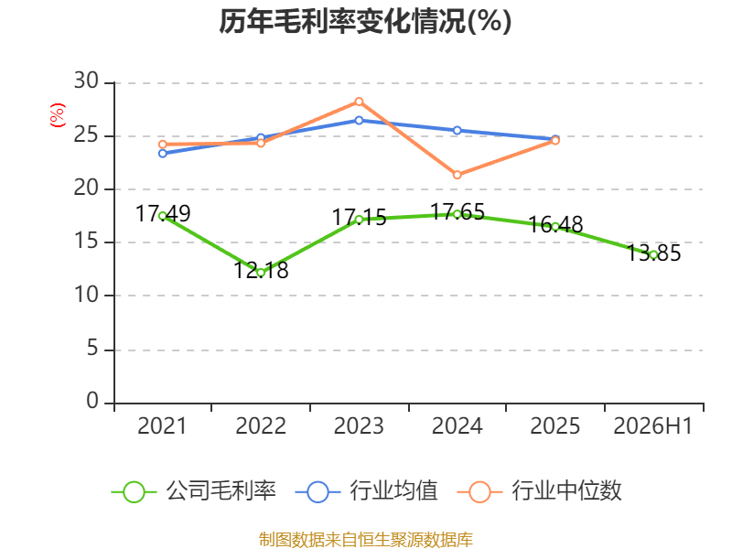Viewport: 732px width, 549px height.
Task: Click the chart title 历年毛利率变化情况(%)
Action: click(x=365, y=21)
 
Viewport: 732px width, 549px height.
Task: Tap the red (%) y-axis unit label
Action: click(x=58, y=115)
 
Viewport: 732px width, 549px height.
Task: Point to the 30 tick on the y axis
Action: click(x=87, y=81)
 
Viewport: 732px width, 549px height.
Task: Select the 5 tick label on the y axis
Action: click(x=93, y=349)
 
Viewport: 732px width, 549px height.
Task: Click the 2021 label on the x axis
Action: click(x=162, y=425)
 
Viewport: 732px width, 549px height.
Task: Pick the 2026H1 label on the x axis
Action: click(x=652, y=425)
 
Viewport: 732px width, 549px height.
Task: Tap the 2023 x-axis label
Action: click(x=359, y=425)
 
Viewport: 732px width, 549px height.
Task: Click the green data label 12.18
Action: click(x=261, y=270)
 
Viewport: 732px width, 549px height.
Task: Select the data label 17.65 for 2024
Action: click(x=457, y=211)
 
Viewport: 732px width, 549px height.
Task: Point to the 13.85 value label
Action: click(x=653, y=253)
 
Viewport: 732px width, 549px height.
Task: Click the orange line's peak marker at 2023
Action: click(x=359, y=102)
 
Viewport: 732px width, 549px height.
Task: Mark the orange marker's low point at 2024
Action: click(x=457, y=175)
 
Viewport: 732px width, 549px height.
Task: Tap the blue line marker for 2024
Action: click(x=457, y=130)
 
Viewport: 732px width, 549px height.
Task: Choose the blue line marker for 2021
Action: click(x=163, y=153)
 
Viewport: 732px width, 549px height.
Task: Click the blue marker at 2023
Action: click(x=359, y=121)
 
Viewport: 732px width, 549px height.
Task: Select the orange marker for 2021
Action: click(x=163, y=145)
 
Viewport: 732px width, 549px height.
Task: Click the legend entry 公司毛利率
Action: click(x=194, y=491)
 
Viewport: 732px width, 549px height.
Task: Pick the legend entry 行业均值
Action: click(x=367, y=491)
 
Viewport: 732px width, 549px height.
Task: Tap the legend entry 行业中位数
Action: click(x=540, y=491)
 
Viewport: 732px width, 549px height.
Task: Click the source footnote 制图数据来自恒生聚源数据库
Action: click(x=365, y=540)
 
